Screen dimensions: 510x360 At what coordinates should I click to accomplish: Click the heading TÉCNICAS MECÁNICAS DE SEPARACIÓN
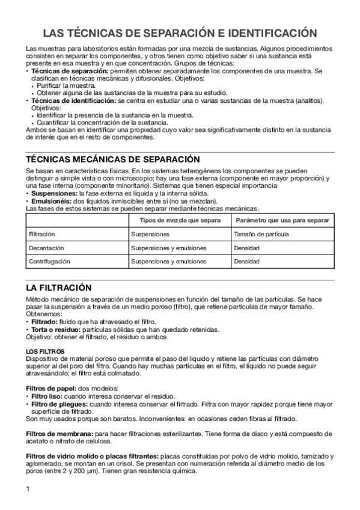click(113, 159)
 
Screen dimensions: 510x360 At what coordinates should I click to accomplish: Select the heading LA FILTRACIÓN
click(58, 287)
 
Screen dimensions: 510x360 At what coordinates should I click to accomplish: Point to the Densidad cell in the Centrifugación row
click(246, 262)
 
